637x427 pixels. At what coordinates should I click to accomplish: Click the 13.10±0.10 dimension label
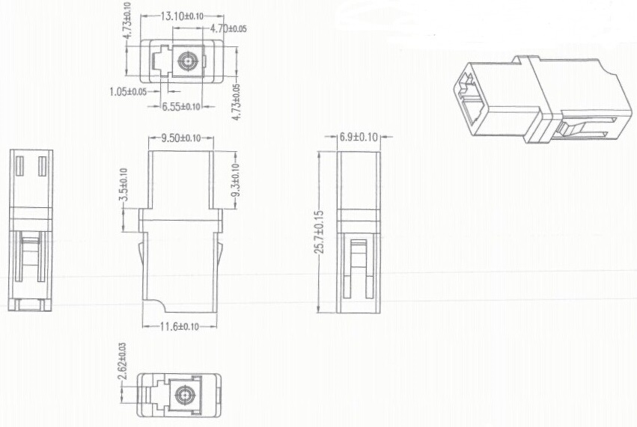pyautogui.click(x=182, y=16)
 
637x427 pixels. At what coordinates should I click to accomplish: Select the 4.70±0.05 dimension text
pyautogui.click(x=228, y=28)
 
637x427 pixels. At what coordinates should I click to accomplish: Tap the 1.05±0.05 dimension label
pyautogui.click(x=128, y=92)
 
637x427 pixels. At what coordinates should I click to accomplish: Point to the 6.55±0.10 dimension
pyautogui.click(x=181, y=106)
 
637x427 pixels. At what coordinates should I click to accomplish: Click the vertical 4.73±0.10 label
pyautogui.click(x=127, y=20)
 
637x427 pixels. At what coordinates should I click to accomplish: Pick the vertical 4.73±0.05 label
pyautogui.click(x=236, y=102)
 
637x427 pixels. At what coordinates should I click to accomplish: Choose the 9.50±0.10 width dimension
pyautogui.click(x=181, y=138)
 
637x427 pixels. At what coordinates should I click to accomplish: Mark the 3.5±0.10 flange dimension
pyautogui.click(x=124, y=185)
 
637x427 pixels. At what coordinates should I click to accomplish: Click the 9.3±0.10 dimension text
pyautogui.click(x=235, y=179)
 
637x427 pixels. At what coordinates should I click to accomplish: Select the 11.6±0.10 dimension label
pyautogui.click(x=180, y=326)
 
